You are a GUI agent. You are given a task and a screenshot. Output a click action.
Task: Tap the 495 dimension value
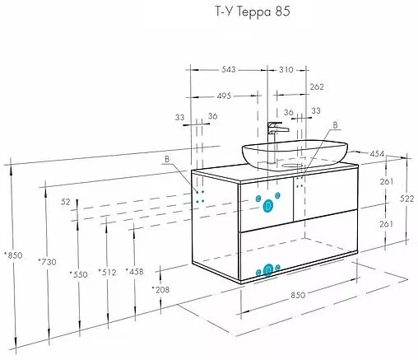(218, 96)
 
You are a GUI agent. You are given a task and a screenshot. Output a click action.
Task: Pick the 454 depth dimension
(378, 152)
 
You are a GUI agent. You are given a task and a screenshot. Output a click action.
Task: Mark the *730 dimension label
(47, 261)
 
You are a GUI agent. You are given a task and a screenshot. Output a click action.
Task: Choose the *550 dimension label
(79, 274)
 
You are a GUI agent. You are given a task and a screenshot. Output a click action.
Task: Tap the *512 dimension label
(107, 272)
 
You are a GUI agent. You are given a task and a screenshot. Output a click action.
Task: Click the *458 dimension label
(135, 271)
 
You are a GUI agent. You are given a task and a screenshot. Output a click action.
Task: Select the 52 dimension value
(65, 201)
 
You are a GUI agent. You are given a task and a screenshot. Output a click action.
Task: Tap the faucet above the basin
(276, 132)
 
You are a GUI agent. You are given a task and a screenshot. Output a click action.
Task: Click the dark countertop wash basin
(294, 153)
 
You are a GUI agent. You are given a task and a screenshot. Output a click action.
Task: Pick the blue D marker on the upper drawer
(267, 205)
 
